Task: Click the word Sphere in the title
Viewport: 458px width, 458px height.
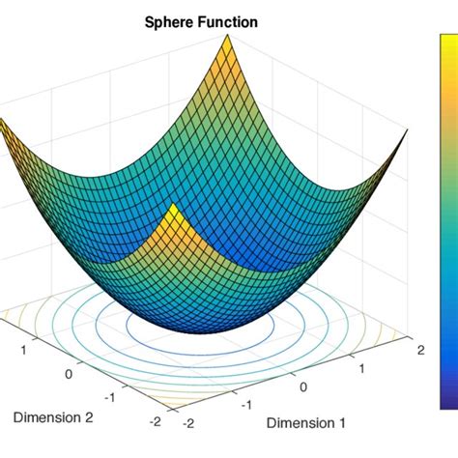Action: [169, 20]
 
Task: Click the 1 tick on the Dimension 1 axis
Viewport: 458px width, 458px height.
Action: [363, 368]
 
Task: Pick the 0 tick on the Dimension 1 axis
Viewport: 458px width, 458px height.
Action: [306, 387]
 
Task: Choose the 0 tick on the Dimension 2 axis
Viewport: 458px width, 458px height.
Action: [69, 372]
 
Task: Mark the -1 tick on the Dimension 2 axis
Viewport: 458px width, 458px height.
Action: [113, 396]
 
